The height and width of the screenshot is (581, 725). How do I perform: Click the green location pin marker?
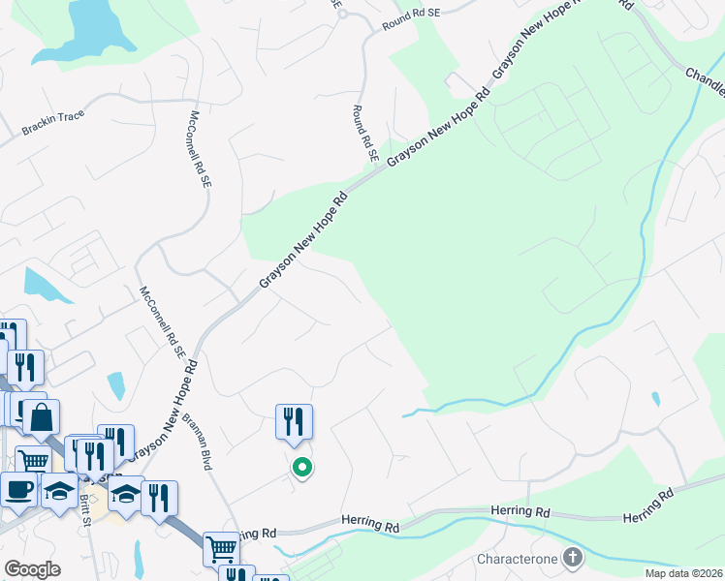pos(302,469)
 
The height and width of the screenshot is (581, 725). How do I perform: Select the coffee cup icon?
pos(18,489)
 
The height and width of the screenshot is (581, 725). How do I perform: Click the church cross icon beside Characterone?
pos(573,557)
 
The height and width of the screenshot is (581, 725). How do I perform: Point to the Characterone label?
pos(517,559)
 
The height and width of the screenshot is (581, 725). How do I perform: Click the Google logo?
pos(32,569)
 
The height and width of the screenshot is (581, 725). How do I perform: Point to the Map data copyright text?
pos(683,573)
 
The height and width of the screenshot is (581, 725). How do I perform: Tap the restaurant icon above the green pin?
pos(294,420)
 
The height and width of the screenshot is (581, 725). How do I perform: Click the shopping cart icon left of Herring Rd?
pos(221,548)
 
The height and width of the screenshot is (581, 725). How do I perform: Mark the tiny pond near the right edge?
pos(656,398)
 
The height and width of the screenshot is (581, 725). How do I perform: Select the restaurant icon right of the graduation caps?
pos(159,498)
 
